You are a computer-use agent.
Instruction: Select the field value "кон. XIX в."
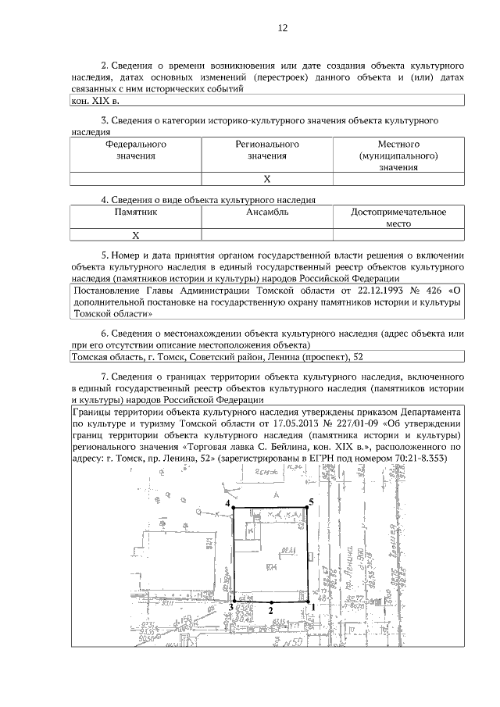pyautogui.click(x=95, y=102)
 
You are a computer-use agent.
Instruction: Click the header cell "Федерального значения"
pyautogui.click(x=136, y=151)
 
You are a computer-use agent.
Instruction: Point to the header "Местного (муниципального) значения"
pyautogui.click(x=398, y=156)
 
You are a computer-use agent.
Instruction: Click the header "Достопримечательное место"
pyautogui.click(x=398, y=217)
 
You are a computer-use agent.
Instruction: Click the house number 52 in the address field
pyautogui.click(x=359, y=358)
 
